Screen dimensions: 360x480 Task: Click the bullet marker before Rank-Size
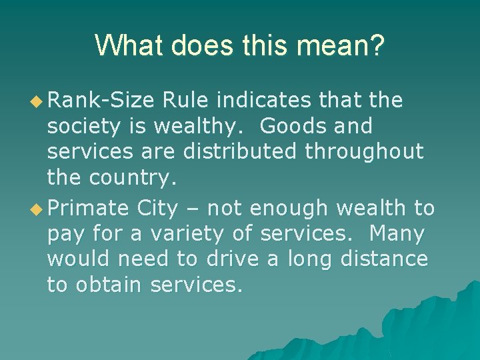37,101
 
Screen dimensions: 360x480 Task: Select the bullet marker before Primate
37,209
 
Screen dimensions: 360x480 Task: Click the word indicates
264,101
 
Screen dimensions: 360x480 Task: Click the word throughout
365,151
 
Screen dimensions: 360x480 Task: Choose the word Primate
89,209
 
